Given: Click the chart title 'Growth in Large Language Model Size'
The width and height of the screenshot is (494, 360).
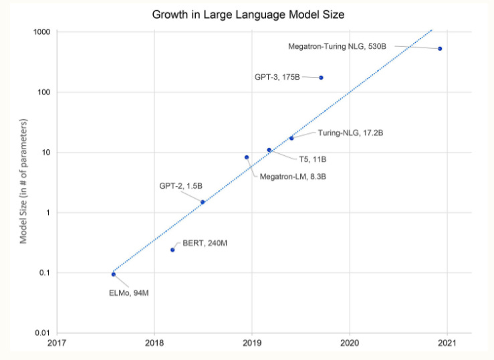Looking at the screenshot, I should [x=247, y=13].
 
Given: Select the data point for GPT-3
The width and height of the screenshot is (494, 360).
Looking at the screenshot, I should [x=321, y=78].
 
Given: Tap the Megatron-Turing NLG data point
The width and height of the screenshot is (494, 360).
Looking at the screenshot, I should [x=440, y=49].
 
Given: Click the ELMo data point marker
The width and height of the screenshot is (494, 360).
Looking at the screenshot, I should [x=114, y=274].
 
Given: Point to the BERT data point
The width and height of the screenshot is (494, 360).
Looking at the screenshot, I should [x=172, y=250].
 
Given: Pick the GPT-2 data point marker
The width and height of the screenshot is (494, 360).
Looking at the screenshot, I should [x=203, y=202].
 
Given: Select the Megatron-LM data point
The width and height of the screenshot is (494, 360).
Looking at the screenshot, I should [x=247, y=157].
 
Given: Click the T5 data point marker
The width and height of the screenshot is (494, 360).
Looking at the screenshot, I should [x=269, y=150].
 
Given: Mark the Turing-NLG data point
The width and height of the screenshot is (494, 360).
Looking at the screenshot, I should [x=291, y=138].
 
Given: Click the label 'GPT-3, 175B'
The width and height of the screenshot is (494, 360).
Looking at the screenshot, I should [x=277, y=78].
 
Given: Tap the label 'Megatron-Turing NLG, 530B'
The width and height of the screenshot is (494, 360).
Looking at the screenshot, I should [x=337, y=46].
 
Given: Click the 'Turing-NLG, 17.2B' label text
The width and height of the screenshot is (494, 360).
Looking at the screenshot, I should [x=350, y=133].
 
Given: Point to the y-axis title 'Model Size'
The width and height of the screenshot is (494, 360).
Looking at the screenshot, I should [x=24, y=181].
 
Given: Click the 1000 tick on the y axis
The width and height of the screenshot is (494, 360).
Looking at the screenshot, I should [x=43, y=32].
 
